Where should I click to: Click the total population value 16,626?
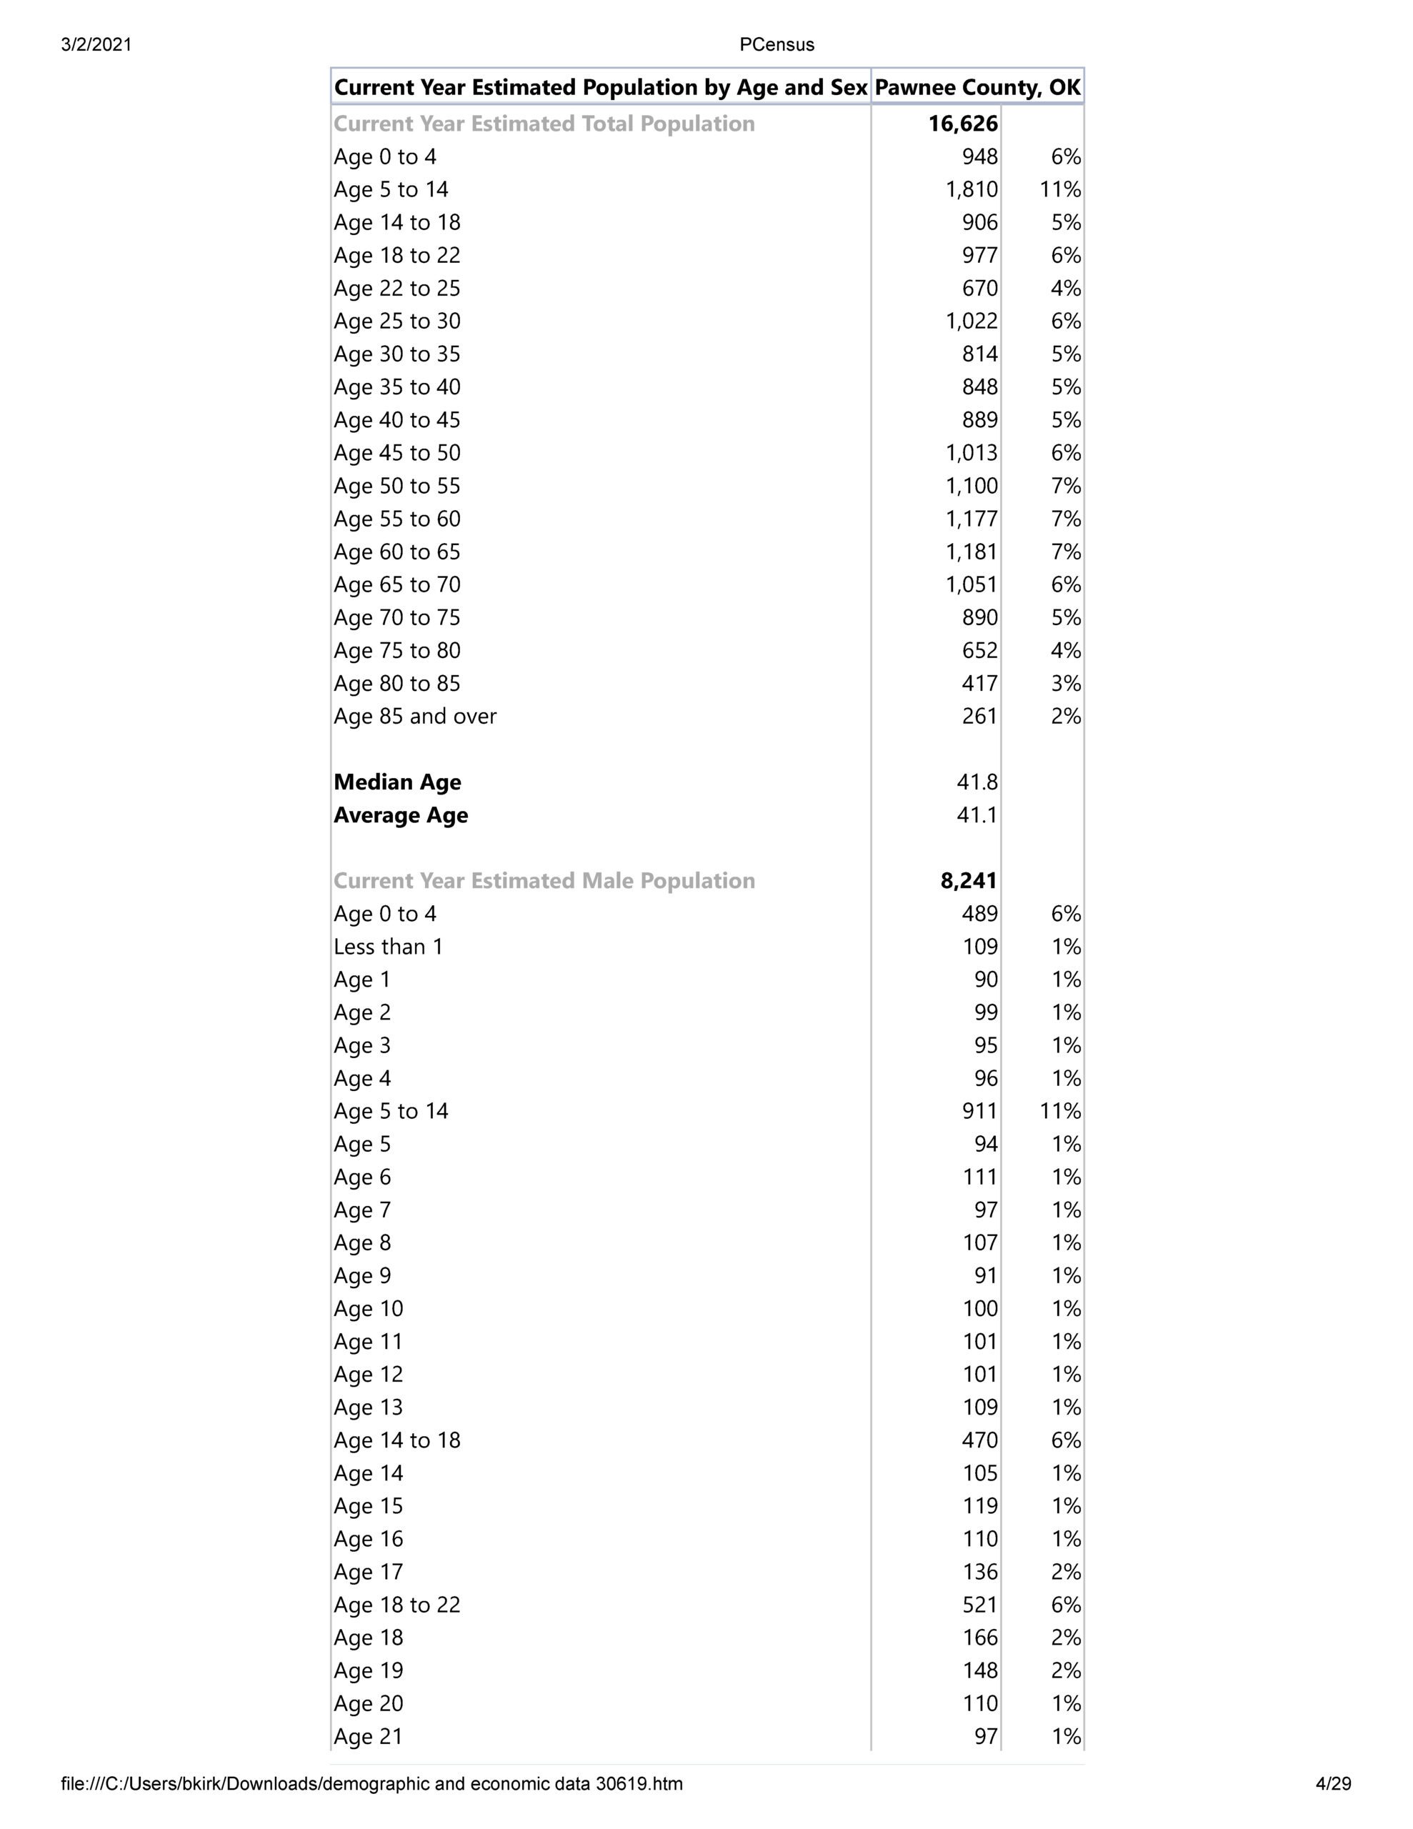pyautogui.click(x=962, y=124)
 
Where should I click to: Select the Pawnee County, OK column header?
pyautogui.click(x=977, y=87)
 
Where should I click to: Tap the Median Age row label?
pyautogui.click(x=397, y=782)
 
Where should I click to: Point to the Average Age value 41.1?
pyautogui.click(x=977, y=815)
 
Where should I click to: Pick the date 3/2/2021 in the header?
pyautogui.click(x=96, y=44)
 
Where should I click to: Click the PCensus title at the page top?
pyautogui.click(x=777, y=44)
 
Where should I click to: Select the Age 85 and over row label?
pyautogui.click(x=414, y=716)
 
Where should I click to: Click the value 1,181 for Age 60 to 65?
pyautogui.click(x=972, y=552)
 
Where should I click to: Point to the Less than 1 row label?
pyautogui.click(x=388, y=947)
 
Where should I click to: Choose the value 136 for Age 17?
pyautogui.click(x=980, y=1572)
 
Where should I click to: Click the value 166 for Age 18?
pyautogui.click(x=980, y=1638)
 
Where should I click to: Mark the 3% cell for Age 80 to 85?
pyautogui.click(x=1065, y=683)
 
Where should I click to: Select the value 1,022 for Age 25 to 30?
pyautogui.click(x=972, y=322)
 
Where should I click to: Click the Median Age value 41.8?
pyautogui.click(x=977, y=782)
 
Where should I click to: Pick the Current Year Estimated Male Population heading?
pyautogui.click(x=544, y=881)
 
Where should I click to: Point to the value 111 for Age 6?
pyautogui.click(x=980, y=1177)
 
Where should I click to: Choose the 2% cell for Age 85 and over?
pyautogui.click(x=1065, y=716)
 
